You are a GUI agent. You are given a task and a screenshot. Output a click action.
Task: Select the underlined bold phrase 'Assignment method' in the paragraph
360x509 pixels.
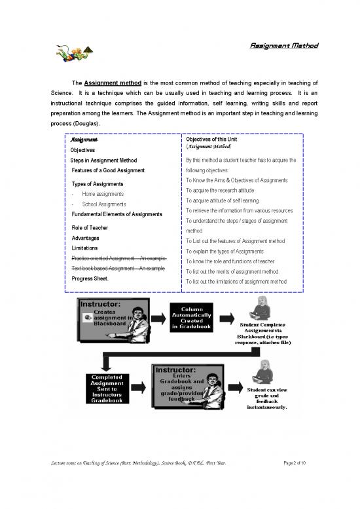click(x=112, y=83)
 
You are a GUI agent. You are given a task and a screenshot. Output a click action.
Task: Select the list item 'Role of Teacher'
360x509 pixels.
click(x=90, y=227)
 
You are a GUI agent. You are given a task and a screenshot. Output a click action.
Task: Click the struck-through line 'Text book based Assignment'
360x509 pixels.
click(x=117, y=269)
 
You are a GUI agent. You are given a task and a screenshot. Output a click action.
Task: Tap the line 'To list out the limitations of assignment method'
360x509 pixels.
click(x=236, y=282)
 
